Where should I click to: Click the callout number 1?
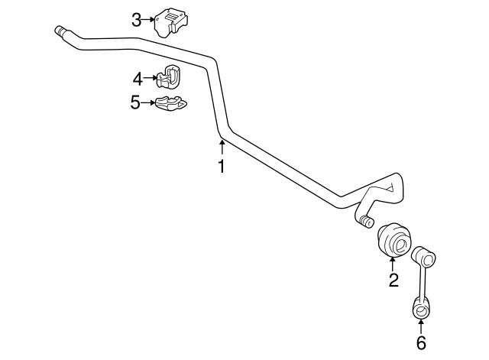point(222,167)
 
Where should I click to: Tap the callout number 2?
point(393,280)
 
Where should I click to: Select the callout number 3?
point(136,21)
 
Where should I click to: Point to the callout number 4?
point(138,79)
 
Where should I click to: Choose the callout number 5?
point(136,102)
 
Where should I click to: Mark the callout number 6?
point(421,343)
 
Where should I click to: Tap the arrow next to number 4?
point(151,78)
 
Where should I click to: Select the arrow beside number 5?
point(148,102)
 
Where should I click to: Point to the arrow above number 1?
point(222,148)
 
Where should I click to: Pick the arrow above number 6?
point(421,327)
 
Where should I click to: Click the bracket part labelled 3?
point(170,22)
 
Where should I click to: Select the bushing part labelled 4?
point(169,76)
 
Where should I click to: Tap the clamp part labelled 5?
point(171,103)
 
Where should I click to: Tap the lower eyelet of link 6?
point(421,310)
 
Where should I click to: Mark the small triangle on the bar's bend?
point(390,188)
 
